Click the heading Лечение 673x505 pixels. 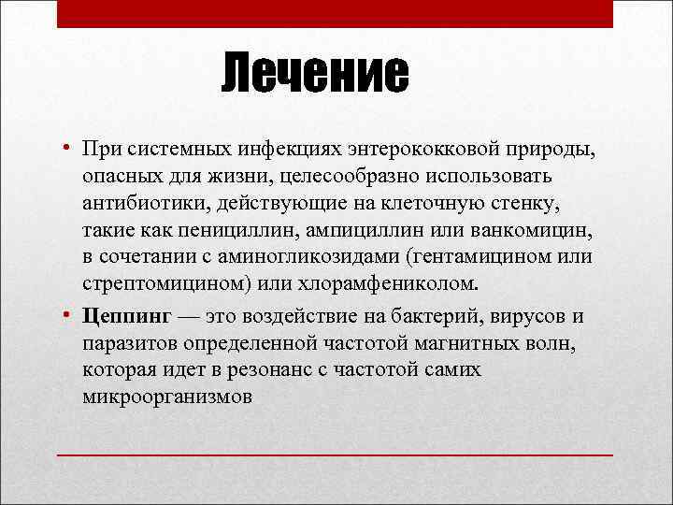[316, 74]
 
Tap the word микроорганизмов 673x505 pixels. [166, 396]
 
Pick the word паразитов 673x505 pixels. [126, 342]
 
